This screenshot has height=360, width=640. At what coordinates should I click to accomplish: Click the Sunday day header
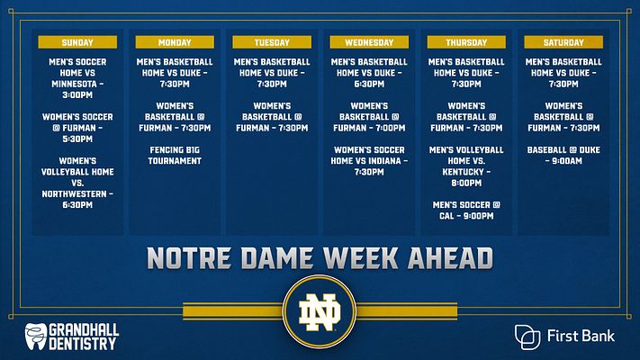click(x=77, y=42)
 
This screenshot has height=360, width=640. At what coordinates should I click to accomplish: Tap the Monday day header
click(x=175, y=42)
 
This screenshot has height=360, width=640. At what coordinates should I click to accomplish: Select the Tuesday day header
click(x=271, y=42)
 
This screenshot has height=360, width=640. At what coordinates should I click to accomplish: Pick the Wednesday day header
click(x=368, y=42)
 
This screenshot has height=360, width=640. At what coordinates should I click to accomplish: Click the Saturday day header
click(x=563, y=42)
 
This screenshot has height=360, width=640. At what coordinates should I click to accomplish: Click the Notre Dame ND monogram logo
click(x=320, y=314)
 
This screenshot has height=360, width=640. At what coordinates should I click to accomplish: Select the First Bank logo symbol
click(x=528, y=337)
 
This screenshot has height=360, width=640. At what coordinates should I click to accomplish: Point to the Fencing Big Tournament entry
click(x=175, y=155)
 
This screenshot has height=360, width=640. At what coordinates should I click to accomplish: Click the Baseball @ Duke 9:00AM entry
click(x=563, y=155)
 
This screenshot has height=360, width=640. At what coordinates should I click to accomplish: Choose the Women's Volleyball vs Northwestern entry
click(x=77, y=183)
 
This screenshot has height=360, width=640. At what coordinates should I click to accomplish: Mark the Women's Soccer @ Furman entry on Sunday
click(x=77, y=127)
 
